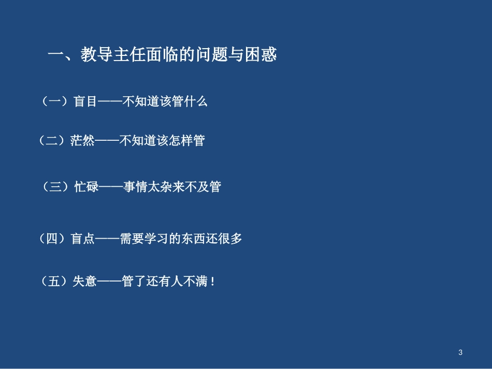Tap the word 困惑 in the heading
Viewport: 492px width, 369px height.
coord(261,55)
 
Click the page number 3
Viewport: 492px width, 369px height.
coord(460,353)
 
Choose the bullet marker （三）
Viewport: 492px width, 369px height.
coord(55,187)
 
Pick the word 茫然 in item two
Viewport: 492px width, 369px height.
coord(82,141)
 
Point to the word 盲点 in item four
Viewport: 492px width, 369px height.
coord(82,239)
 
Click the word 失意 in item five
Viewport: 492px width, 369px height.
coord(85,282)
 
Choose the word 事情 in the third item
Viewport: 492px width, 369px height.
coord(135,187)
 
